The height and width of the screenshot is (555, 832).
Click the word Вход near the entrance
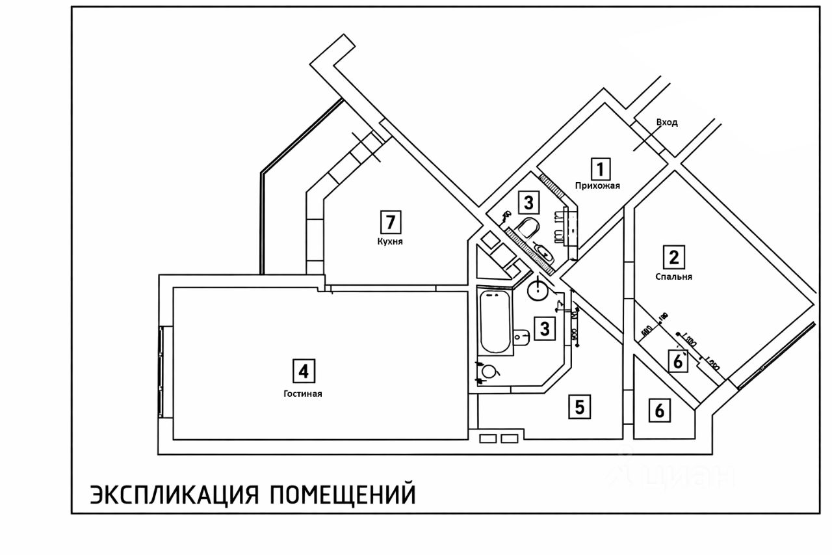[667, 122]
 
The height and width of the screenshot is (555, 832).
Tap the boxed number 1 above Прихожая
[601, 169]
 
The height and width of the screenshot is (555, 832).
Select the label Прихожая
[597, 185]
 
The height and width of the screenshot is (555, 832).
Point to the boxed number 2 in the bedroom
[674, 257]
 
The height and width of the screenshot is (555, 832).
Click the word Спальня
[674, 277]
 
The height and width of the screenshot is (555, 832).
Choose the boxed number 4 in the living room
[302, 371]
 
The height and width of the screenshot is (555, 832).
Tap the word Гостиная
[303, 394]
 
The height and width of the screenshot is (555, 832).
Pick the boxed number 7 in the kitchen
[391, 223]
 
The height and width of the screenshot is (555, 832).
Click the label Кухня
[391, 241]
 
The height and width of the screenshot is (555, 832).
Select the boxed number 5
[580, 407]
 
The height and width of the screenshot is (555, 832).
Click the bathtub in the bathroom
[495, 322]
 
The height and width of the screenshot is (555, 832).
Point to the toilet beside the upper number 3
[528, 227]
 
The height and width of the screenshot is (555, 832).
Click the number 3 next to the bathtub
[545, 329]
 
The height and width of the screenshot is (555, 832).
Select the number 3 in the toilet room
[528, 203]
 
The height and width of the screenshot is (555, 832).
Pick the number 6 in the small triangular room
[660, 411]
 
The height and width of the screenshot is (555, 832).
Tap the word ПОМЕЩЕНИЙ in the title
[342, 494]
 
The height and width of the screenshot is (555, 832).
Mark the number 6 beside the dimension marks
[678, 360]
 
